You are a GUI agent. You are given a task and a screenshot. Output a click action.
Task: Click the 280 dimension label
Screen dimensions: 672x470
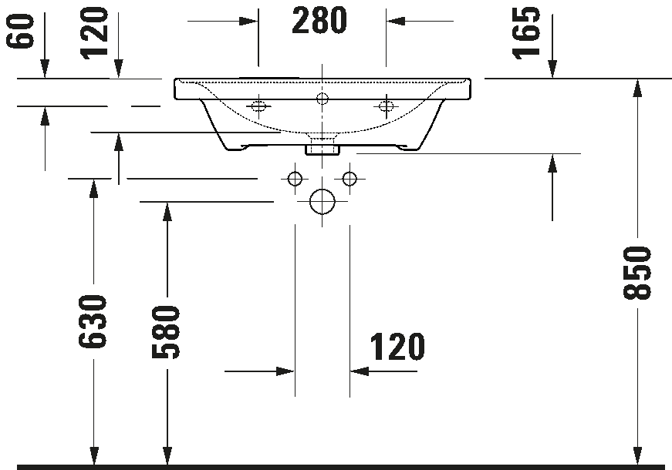[x=319, y=21]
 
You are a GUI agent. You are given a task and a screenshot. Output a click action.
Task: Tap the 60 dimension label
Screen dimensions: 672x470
[x=20, y=30]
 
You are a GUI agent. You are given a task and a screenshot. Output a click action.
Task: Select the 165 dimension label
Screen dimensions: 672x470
[x=526, y=32]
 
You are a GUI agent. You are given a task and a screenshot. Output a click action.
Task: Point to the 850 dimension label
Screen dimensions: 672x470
[x=637, y=272]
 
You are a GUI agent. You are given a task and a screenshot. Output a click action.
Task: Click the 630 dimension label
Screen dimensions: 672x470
[x=92, y=321]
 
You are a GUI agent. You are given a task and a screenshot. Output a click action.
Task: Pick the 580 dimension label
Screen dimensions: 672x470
[x=166, y=332]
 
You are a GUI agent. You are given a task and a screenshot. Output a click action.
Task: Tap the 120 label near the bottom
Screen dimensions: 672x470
[x=397, y=346]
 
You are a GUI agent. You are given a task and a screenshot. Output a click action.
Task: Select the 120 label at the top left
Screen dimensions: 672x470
[x=94, y=32]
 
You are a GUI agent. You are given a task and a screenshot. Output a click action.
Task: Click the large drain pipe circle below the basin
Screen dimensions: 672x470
[x=322, y=202]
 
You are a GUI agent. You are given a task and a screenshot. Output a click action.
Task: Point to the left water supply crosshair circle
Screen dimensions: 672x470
[x=295, y=179]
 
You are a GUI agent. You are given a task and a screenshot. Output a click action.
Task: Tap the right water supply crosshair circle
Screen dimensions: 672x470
[x=350, y=179]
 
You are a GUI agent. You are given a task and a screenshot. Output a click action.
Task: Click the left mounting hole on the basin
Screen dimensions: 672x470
[x=258, y=106]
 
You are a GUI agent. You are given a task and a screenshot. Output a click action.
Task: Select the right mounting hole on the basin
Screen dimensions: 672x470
[x=386, y=106]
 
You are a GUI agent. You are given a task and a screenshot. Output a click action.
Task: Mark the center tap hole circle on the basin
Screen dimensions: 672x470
[x=322, y=99]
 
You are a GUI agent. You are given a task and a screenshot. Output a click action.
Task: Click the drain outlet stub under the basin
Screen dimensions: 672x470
[x=322, y=149]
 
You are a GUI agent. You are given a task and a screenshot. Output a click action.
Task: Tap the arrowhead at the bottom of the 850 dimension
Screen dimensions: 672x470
[x=638, y=455]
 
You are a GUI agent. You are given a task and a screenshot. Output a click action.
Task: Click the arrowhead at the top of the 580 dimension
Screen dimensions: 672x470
[x=167, y=211]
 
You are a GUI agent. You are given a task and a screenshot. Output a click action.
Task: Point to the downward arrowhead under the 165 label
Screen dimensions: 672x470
[x=552, y=69]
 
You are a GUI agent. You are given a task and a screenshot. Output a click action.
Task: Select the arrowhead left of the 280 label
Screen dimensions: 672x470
[x=248, y=21]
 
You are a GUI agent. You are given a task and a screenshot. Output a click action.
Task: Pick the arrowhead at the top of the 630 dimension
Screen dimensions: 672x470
[x=93, y=188]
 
